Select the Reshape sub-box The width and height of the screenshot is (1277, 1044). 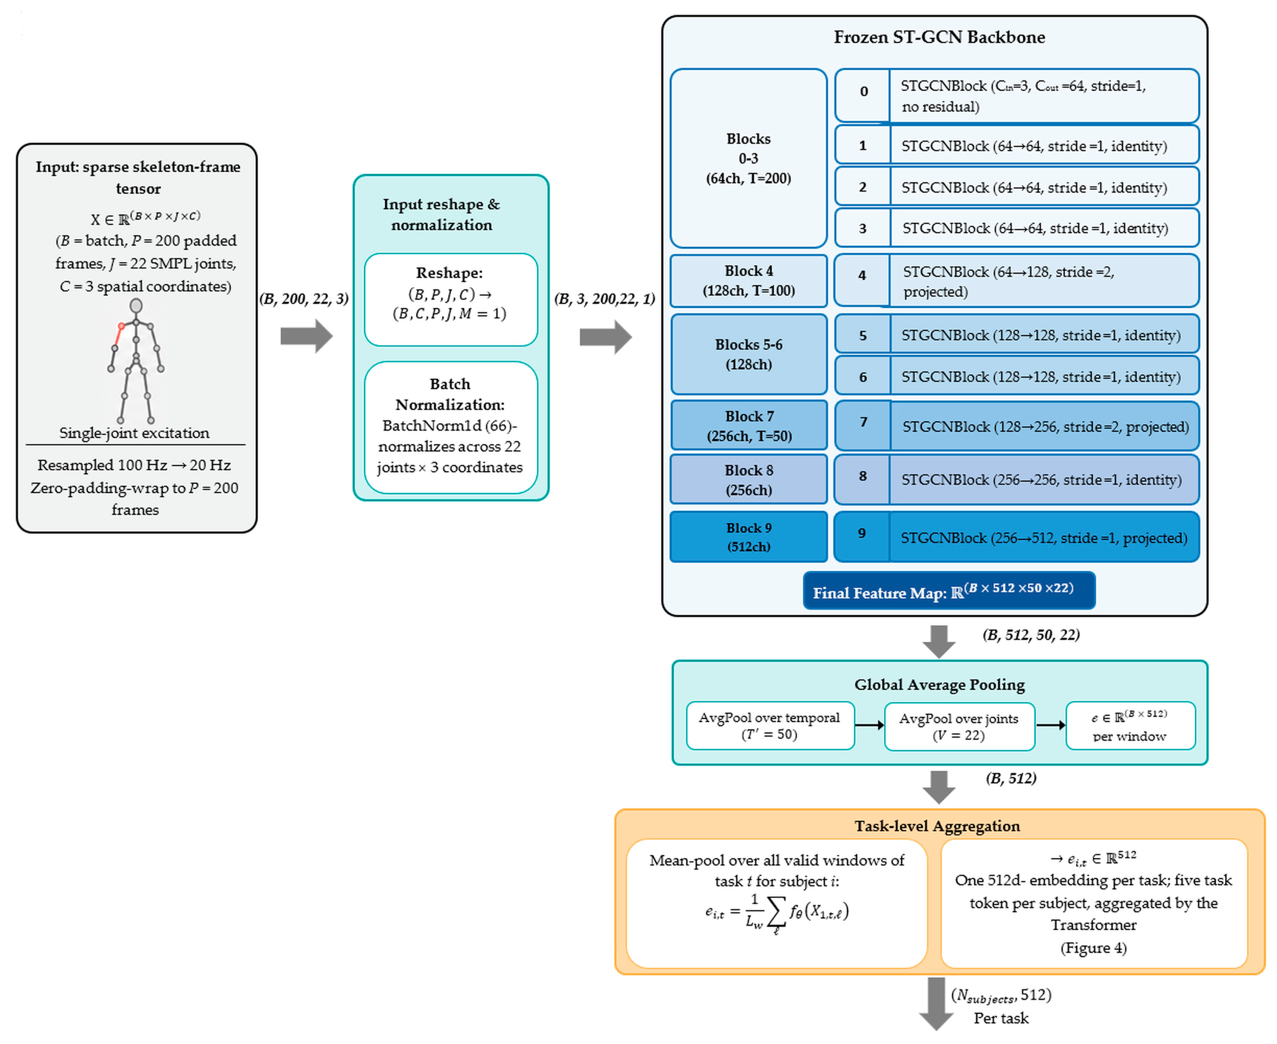[x=450, y=299]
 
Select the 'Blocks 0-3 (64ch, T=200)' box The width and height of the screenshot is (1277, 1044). [x=748, y=158]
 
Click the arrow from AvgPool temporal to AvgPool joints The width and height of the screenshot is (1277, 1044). [x=869, y=725]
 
